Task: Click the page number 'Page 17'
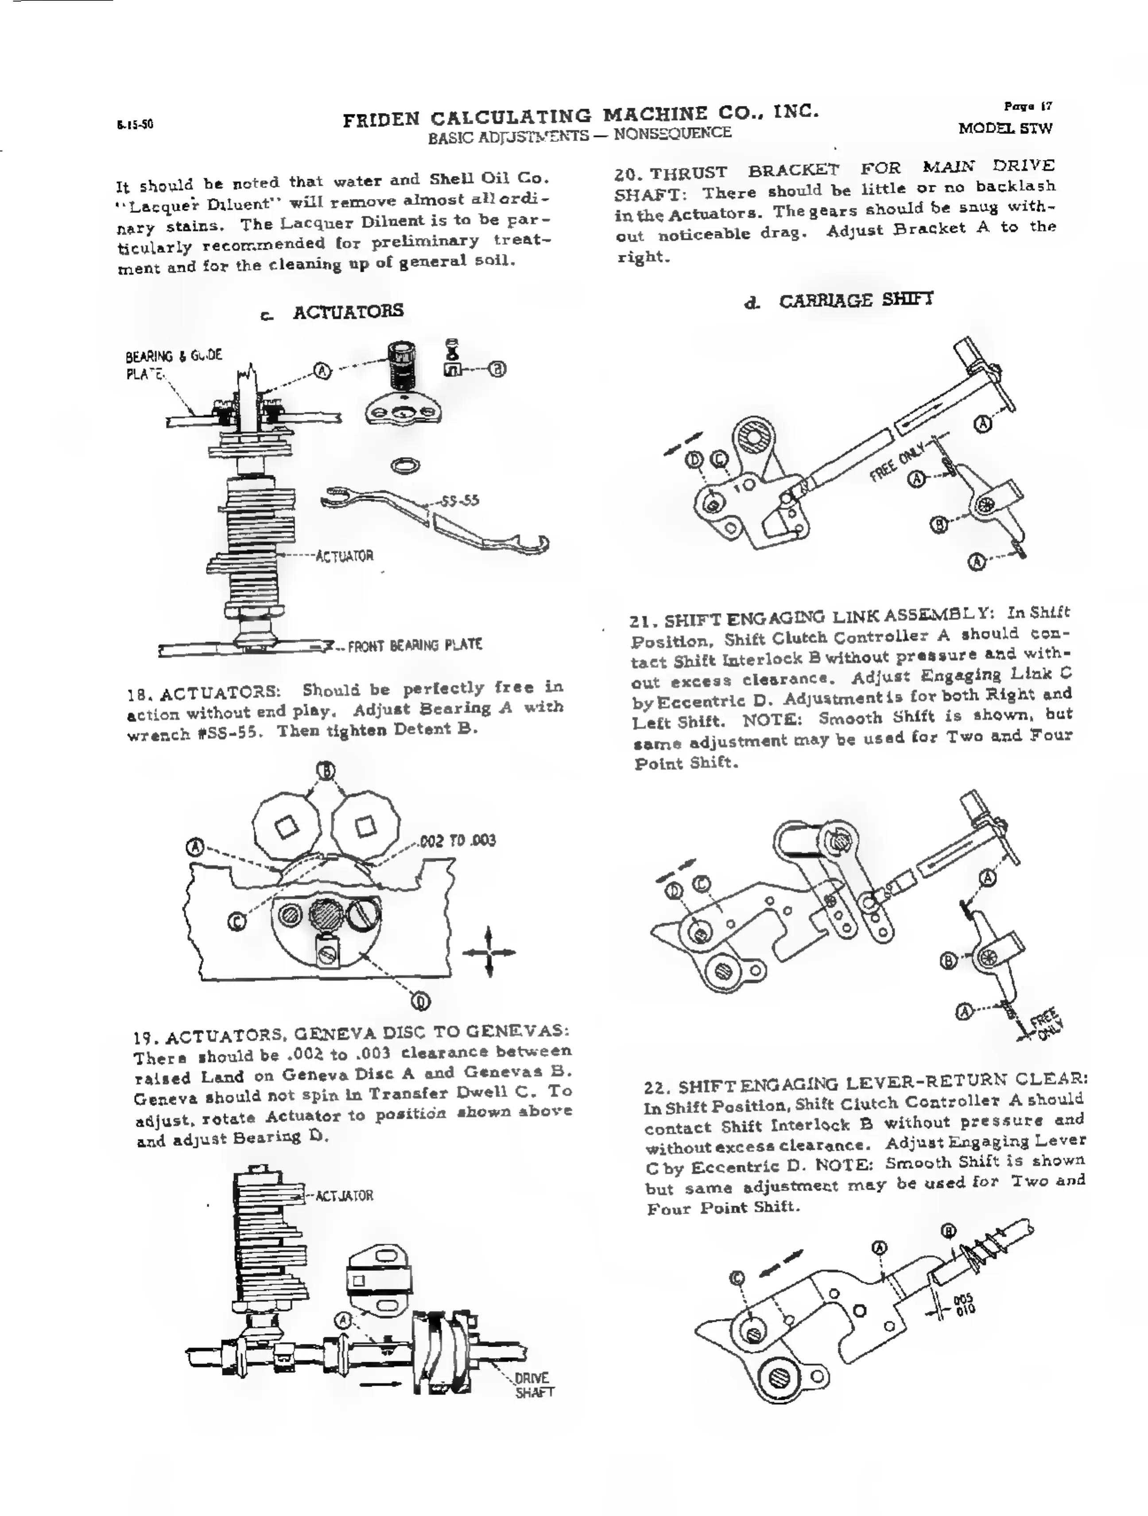coord(1028,106)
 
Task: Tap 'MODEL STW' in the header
coord(1005,128)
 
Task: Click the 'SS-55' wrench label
coord(460,500)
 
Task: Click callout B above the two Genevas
coord(326,771)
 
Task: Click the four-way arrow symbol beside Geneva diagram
coord(489,951)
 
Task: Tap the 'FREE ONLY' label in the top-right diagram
coord(897,462)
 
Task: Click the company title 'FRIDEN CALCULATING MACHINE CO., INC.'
coord(580,117)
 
